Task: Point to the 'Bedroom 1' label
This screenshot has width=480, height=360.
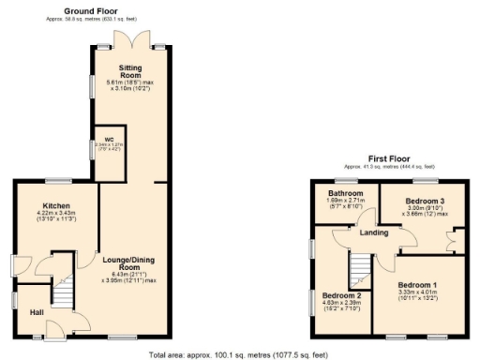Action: click(417, 284)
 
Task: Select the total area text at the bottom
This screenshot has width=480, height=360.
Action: click(240, 354)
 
